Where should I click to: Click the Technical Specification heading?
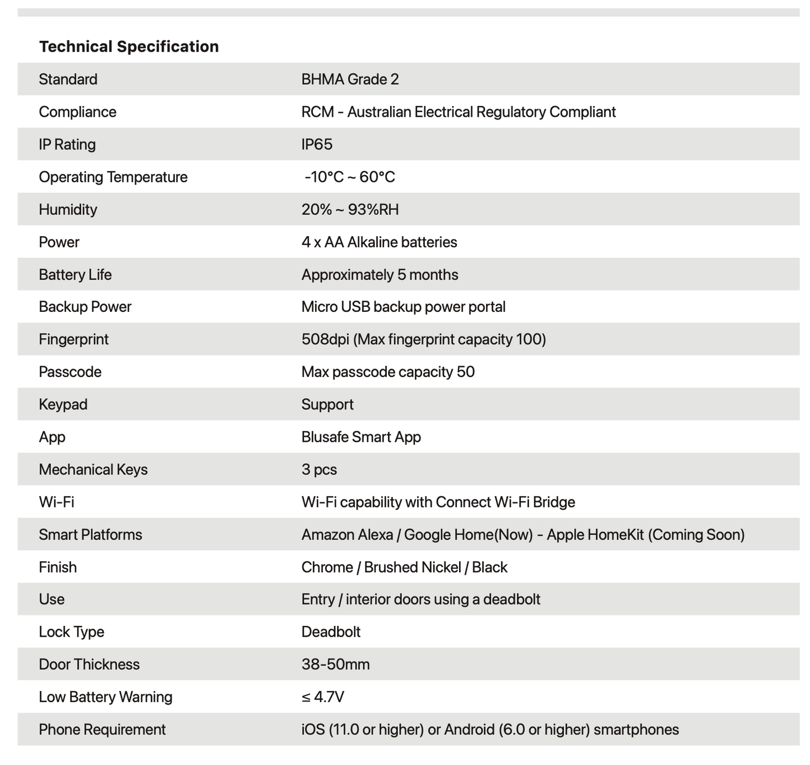tap(129, 47)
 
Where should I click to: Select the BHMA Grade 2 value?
tap(350, 79)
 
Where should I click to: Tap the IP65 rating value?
tap(317, 144)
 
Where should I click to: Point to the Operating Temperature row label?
tap(113, 177)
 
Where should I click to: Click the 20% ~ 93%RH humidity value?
tap(350, 209)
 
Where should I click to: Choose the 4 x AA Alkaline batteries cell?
tap(379, 242)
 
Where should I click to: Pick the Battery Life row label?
tap(75, 274)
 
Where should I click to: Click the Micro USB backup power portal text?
tap(403, 307)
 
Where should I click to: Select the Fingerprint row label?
tap(73, 339)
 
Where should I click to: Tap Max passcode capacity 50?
tap(388, 372)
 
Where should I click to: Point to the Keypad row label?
tap(63, 404)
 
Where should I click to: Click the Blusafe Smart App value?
tap(361, 437)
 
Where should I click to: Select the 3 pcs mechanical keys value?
tap(319, 469)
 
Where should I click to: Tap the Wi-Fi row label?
tap(56, 502)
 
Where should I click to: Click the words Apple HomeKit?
tap(595, 534)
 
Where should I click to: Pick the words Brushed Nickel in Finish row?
tap(412, 567)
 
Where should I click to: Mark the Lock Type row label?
tap(71, 632)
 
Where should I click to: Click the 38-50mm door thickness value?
tap(335, 664)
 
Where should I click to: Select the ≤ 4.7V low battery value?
tap(322, 697)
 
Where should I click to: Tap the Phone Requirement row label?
tap(102, 729)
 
